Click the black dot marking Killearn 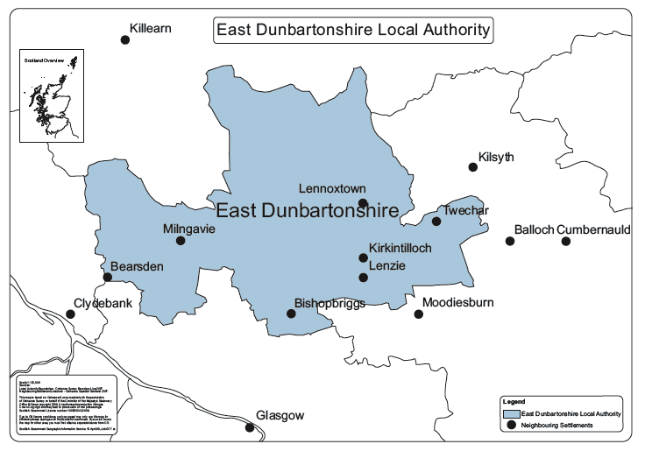125,39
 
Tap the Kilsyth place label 496,158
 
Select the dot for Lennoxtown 363,202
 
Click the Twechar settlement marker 436,221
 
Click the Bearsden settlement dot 108,278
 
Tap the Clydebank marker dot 70,314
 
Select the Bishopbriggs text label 329,303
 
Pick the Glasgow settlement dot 251,428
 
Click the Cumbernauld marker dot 566,241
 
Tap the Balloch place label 534,229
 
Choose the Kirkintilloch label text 400,249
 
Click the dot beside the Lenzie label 363,278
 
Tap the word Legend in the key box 514,401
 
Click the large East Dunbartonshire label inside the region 307,210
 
